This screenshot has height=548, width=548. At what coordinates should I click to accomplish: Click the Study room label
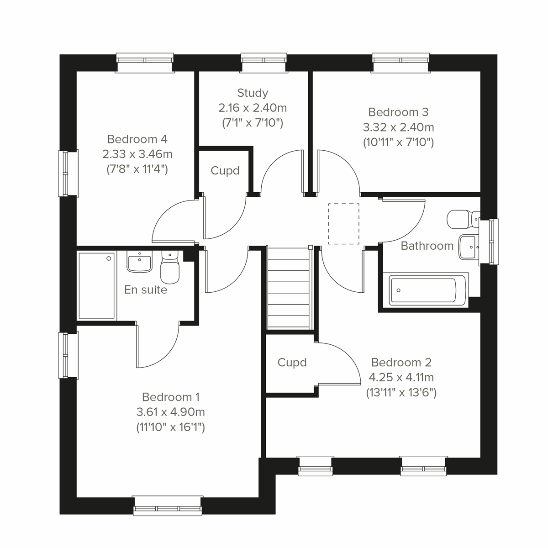(253, 93)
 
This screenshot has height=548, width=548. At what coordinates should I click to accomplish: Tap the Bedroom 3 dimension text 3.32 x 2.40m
(398, 127)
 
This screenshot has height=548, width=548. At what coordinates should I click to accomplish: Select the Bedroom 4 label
(137, 139)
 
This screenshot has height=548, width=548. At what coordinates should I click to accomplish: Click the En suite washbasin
(139, 262)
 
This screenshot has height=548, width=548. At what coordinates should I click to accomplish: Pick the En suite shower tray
(96, 285)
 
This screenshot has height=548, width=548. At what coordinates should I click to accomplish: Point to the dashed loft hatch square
(343, 224)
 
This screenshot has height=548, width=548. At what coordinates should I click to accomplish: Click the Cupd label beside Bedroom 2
(292, 363)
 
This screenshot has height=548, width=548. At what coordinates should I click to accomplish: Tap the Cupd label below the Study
(225, 171)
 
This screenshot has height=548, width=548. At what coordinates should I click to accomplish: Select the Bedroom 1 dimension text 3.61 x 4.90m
(170, 412)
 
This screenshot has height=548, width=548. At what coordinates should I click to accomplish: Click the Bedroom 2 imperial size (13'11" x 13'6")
(401, 393)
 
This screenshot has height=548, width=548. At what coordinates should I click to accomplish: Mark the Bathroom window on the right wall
(492, 242)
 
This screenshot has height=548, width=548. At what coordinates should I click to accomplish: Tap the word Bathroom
(427, 246)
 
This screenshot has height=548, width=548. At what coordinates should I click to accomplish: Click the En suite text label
(146, 290)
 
